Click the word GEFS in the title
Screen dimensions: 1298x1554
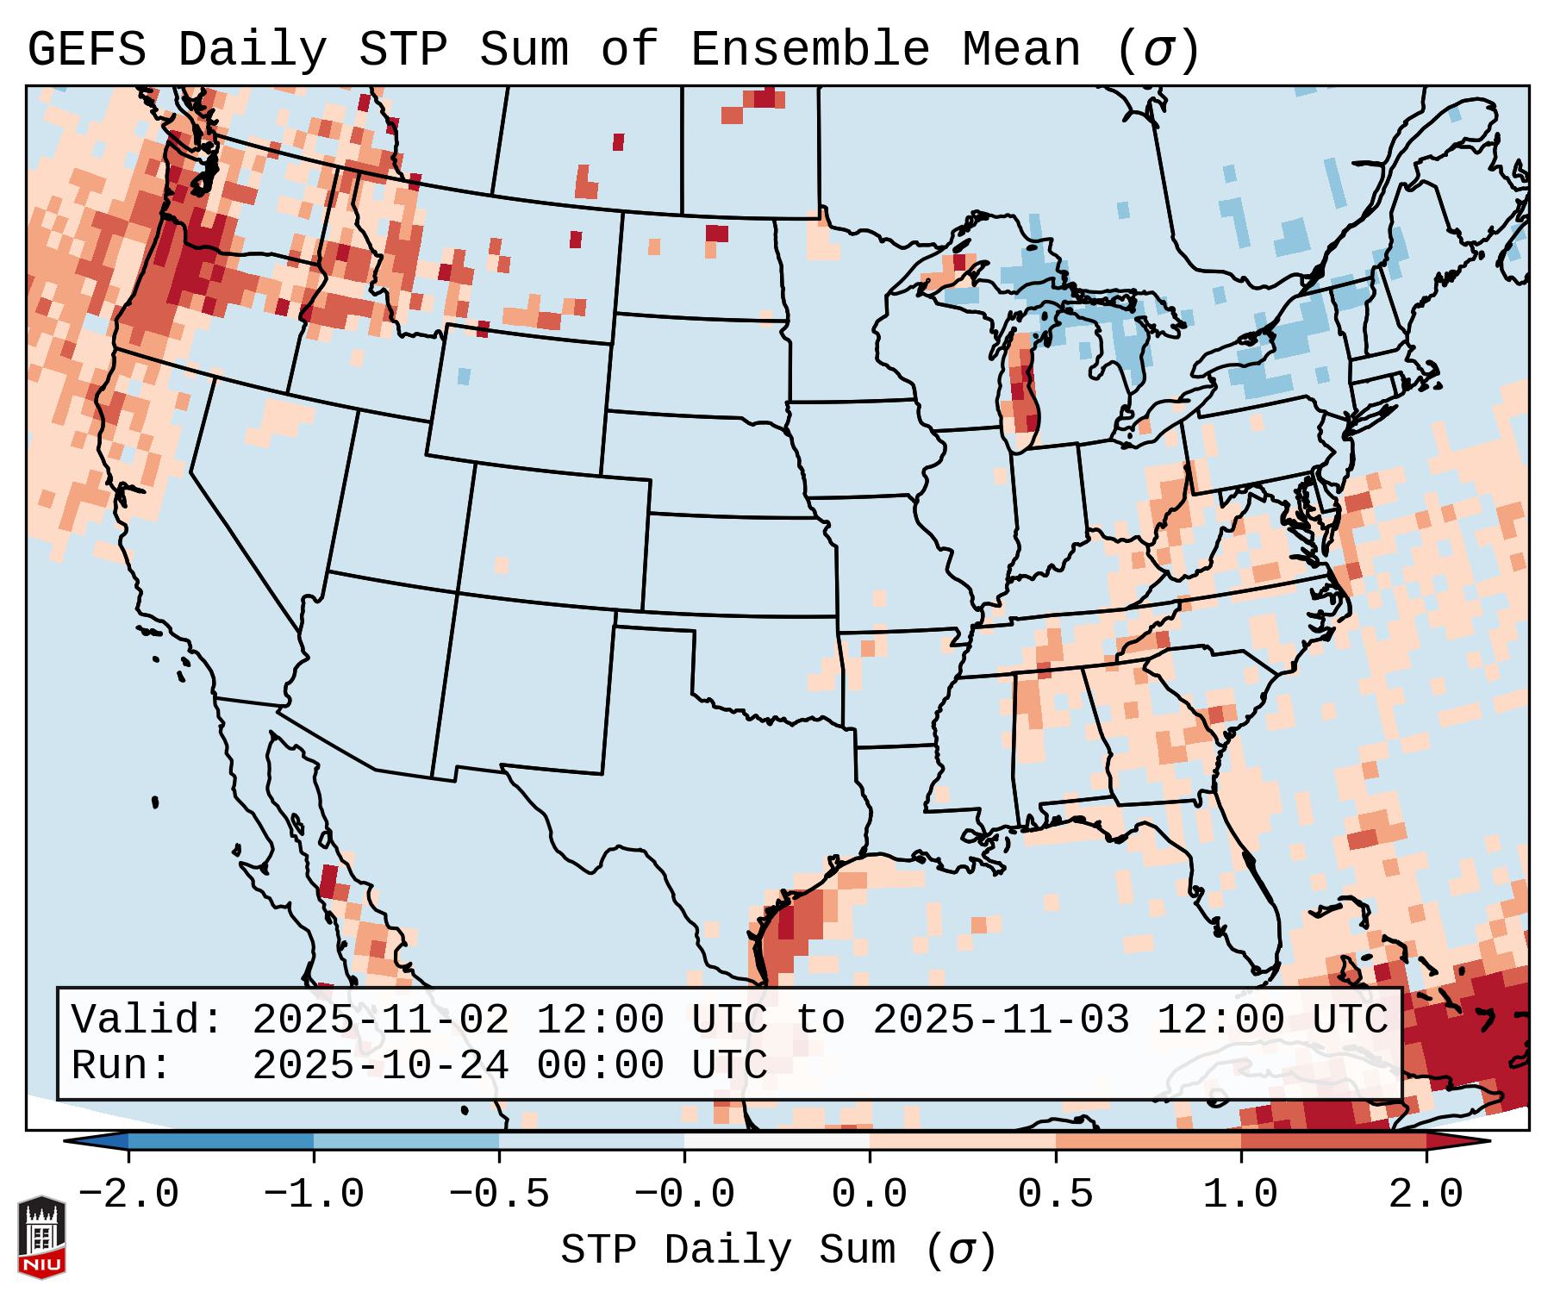pyautogui.click(x=86, y=50)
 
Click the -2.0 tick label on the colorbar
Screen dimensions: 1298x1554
pyautogui.click(x=128, y=1195)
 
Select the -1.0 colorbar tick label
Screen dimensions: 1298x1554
pyautogui.click(x=314, y=1195)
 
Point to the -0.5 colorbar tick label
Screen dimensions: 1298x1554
pyautogui.click(x=499, y=1195)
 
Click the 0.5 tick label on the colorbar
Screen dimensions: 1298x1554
pyautogui.click(x=1056, y=1195)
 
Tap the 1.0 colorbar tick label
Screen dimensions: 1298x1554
pyautogui.click(x=1241, y=1195)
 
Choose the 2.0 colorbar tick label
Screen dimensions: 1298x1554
pyautogui.click(x=1426, y=1195)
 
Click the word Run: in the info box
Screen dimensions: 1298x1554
pyautogui.click(x=122, y=1066)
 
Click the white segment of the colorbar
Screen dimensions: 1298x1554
pyautogui.click(x=777, y=1141)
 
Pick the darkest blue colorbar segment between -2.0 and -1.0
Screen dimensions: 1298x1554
pyautogui.click(x=221, y=1141)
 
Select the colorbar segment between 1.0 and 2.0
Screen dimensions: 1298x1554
pyautogui.click(x=1333, y=1141)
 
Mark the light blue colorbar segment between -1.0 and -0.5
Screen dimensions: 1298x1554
pyautogui.click(x=406, y=1141)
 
